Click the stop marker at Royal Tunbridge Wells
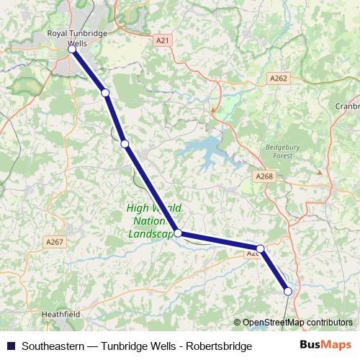[x=72, y=50]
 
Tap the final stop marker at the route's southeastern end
[x=288, y=291]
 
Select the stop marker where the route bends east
[x=178, y=233]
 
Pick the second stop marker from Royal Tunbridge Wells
[x=105, y=93]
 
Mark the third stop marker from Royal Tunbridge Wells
[x=125, y=144]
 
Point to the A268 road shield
[x=264, y=176]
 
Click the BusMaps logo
[x=330, y=346]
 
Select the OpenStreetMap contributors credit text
[x=297, y=322]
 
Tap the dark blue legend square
[x=11, y=346]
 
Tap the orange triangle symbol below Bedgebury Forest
[x=320, y=172]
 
